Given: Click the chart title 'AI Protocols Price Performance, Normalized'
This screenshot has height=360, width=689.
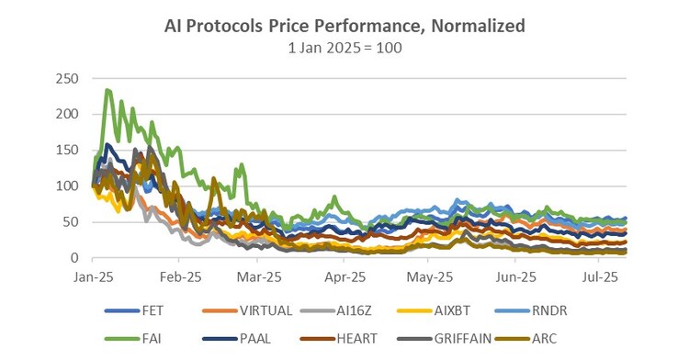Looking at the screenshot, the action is [344, 26].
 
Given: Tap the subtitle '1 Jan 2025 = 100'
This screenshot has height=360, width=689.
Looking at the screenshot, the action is [344, 48].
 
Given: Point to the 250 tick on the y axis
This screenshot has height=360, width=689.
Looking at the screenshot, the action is [67, 79].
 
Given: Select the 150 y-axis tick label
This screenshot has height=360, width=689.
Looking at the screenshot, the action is [67, 150].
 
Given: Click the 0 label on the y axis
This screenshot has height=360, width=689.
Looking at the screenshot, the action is [74, 258].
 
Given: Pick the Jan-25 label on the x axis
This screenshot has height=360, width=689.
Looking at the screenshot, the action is [93, 277].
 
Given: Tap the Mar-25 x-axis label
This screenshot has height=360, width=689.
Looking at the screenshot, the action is [259, 277].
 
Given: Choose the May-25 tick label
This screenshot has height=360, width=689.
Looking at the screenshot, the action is [429, 277].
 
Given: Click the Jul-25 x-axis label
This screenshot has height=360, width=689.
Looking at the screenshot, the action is [600, 277].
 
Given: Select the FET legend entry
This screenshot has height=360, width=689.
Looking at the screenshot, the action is [134, 310].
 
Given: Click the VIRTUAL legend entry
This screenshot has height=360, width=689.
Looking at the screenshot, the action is [247, 310].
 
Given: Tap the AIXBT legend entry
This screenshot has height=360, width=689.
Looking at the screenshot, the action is [434, 310].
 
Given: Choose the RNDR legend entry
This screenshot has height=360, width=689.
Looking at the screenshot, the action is [531, 310].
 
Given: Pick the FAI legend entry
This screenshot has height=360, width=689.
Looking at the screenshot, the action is [132, 339].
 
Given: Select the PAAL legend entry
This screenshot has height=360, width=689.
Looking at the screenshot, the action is [236, 339].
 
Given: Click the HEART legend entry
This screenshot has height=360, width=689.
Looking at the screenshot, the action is [338, 339].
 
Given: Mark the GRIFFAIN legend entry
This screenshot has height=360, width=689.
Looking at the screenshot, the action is [445, 339].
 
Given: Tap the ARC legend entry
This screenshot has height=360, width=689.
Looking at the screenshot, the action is [525, 339].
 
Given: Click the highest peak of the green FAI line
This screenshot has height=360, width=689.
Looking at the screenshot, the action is [107, 90].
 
